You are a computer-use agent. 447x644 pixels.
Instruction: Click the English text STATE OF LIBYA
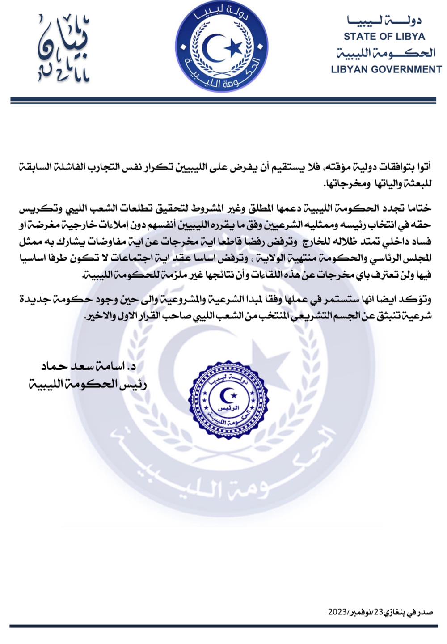[384, 37]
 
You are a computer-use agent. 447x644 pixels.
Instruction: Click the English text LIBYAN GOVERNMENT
[386, 69]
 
